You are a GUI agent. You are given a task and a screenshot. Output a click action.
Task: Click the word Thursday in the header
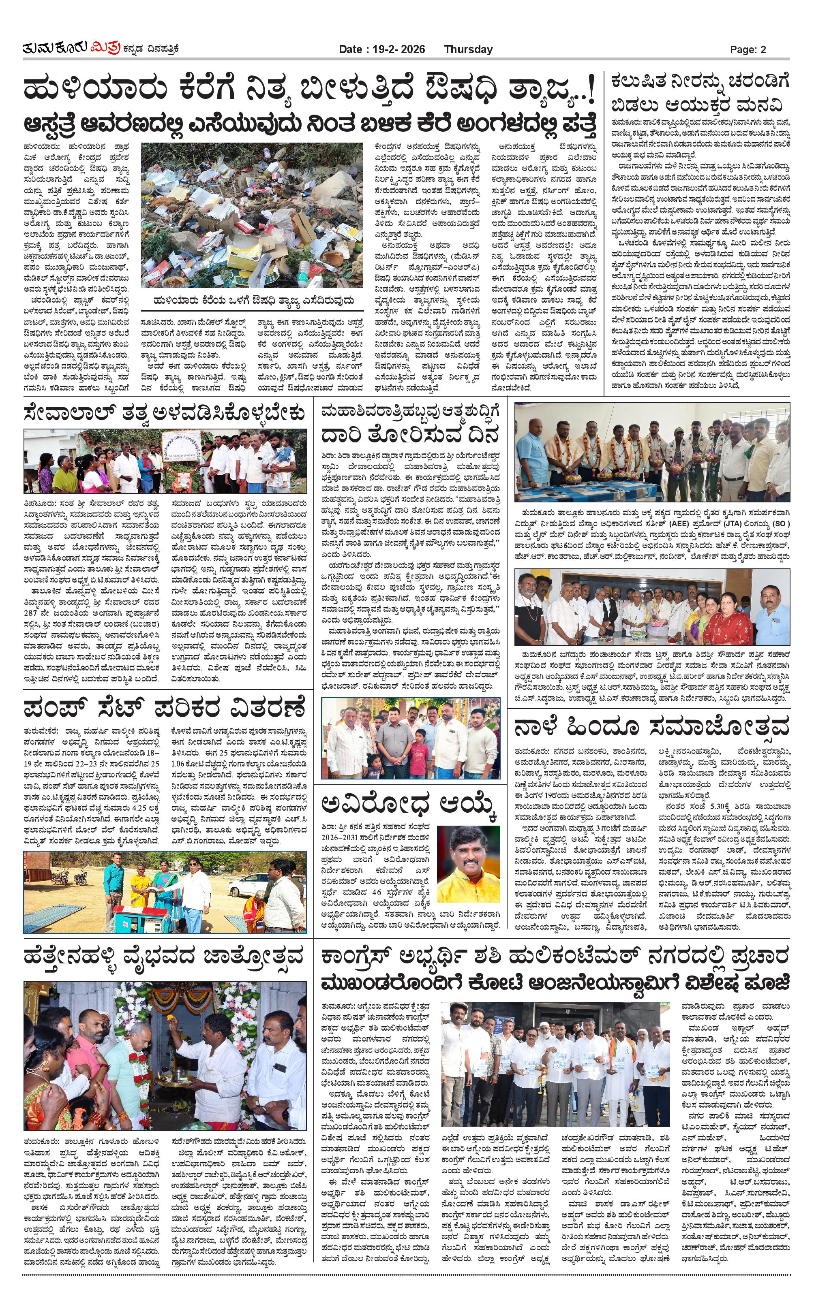click(x=468, y=49)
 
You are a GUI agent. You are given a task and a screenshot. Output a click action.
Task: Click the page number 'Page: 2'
click(x=748, y=49)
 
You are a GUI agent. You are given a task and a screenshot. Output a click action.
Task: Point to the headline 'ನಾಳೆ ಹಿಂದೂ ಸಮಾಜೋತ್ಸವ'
click(x=651, y=726)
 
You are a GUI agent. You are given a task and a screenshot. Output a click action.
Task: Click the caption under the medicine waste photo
click(x=253, y=300)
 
